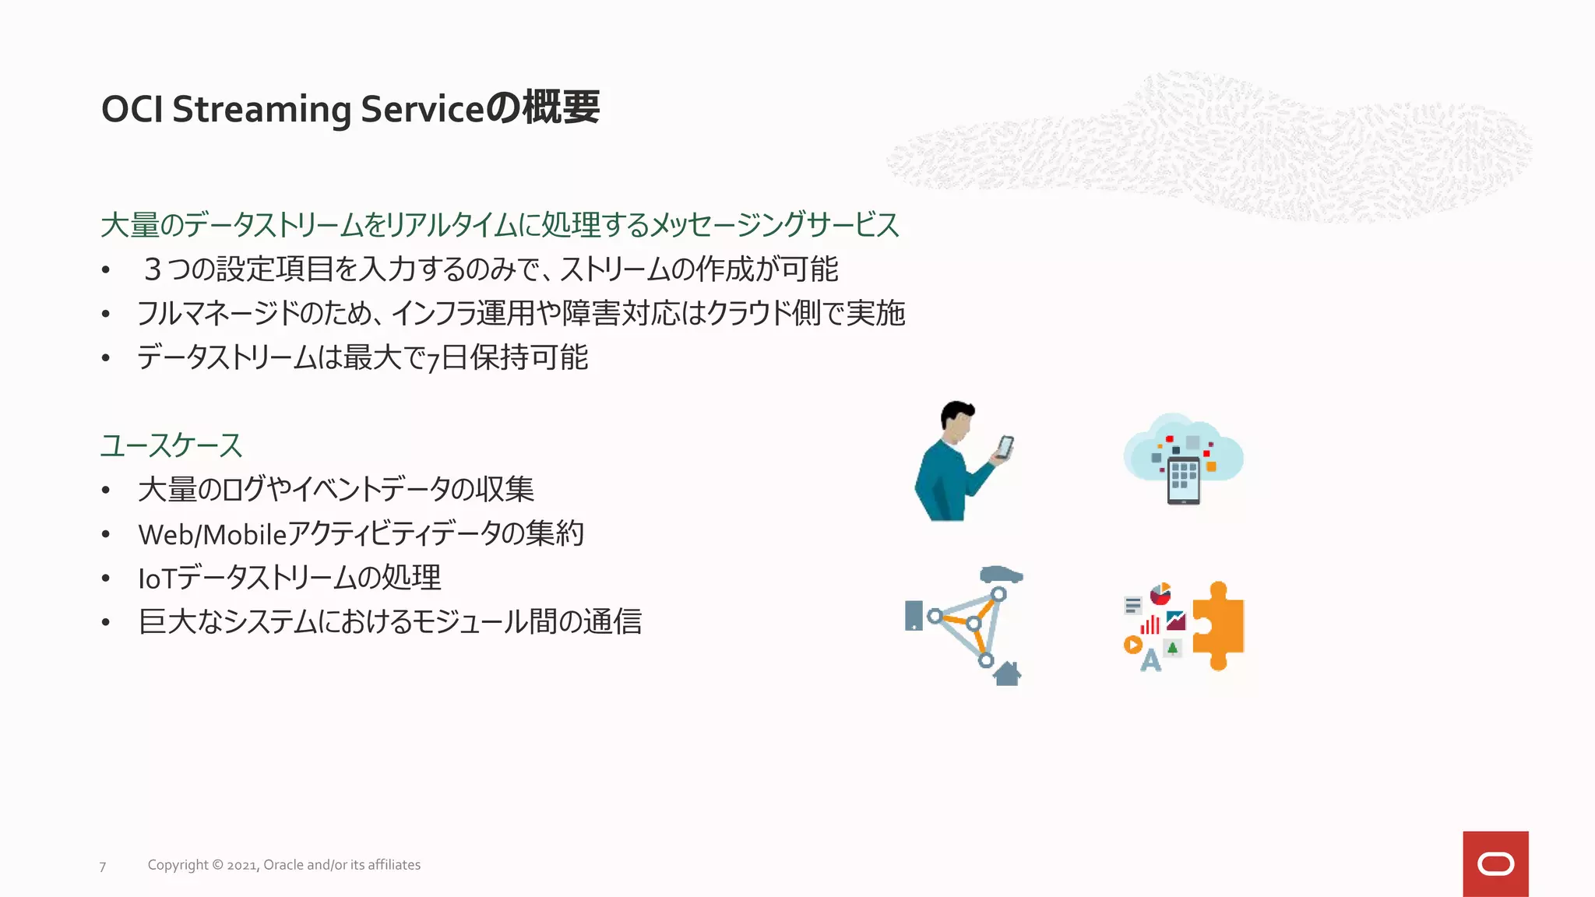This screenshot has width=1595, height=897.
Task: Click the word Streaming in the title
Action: click(262, 110)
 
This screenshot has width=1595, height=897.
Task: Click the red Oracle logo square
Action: click(1495, 864)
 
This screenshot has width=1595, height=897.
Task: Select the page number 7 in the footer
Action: click(103, 866)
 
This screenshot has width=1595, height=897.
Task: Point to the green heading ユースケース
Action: click(171, 445)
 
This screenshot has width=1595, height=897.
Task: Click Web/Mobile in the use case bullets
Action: click(212, 534)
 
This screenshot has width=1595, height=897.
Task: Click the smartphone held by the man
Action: click(1005, 447)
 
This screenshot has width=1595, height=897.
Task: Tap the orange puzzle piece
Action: click(1220, 625)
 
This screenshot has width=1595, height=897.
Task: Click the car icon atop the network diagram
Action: click(1001, 575)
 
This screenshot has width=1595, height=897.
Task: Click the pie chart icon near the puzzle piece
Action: click(1160, 594)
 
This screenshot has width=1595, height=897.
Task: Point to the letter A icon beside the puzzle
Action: click(1150, 660)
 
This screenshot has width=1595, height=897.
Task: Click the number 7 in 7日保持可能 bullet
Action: click(433, 360)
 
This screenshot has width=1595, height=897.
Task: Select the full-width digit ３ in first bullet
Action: click(153, 269)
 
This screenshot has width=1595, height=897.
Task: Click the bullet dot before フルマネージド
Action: click(105, 314)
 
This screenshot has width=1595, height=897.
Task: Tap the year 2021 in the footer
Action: click(241, 865)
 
